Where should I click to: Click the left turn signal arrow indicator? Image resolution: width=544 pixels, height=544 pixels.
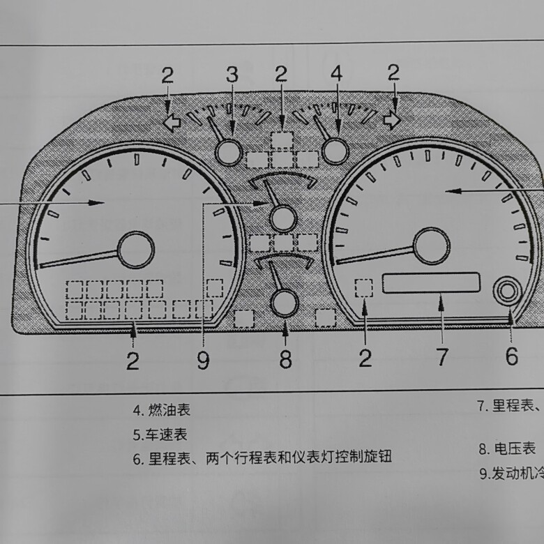click(x=172, y=122)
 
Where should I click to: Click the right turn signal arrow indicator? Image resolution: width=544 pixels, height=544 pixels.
click(x=393, y=121)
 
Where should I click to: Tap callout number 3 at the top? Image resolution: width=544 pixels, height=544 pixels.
click(x=232, y=75)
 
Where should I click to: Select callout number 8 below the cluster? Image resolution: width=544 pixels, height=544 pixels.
click(x=285, y=358)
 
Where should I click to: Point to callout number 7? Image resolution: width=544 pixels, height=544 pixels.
click(x=442, y=356)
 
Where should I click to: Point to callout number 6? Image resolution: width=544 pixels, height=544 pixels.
click(x=511, y=356)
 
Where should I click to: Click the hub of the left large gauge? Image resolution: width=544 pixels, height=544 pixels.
click(x=135, y=250)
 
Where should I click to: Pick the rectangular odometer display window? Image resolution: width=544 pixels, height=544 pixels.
click(x=431, y=283)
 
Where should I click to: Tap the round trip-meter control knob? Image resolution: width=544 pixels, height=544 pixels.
click(x=508, y=291)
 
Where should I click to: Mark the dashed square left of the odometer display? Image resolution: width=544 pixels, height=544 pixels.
click(x=364, y=287)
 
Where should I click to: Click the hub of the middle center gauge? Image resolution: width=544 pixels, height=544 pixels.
click(x=283, y=218)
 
